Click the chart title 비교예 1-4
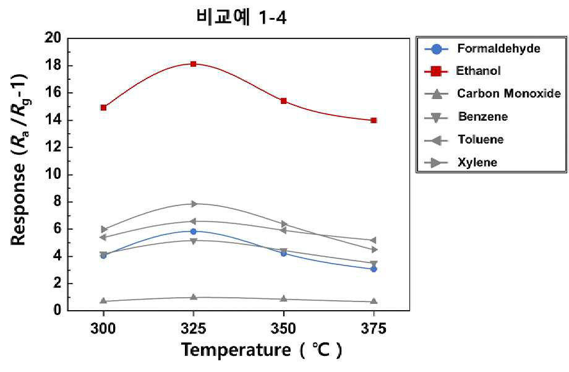coord(241,17)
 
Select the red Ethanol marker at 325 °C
coord(194,64)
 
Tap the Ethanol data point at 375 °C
coord(374,120)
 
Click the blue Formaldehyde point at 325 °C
coord(194,231)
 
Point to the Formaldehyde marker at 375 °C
coord(374,269)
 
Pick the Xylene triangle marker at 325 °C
coord(194,204)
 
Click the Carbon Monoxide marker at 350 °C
coord(284,298)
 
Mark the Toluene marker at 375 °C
coord(374,240)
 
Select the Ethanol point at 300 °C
coord(103,108)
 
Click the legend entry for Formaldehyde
coord(482,48)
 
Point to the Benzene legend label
coord(483,116)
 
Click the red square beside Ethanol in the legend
coord(436,71)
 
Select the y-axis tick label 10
coord(53,175)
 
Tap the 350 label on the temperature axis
coord(284,329)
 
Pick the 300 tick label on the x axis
coord(103,329)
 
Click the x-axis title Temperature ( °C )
coord(261,350)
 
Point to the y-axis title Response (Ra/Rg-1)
coord(19,160)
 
